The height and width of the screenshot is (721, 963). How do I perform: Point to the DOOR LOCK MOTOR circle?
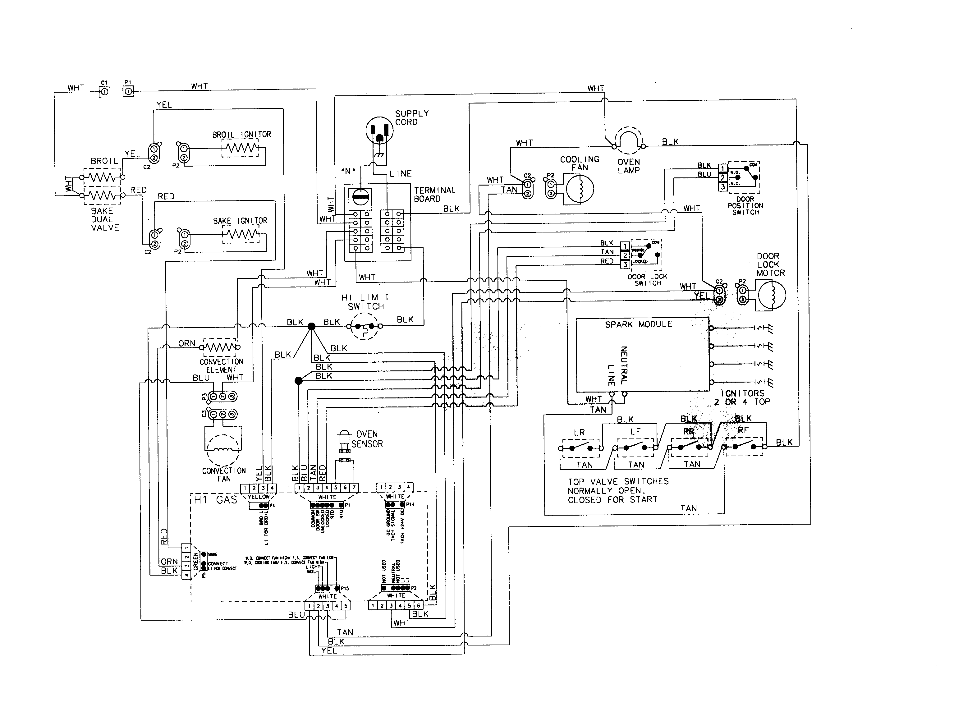tap(772, 296)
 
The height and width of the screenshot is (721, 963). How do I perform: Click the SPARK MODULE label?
tap(638, 324)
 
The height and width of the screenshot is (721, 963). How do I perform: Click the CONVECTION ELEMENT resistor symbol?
tap(220, 347)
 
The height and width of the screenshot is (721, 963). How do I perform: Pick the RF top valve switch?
tap(744, 447)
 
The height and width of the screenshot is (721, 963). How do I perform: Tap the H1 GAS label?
tap(215, 500)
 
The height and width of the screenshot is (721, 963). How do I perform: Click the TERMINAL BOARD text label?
tap(434, 195)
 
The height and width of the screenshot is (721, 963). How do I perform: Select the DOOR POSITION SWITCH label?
tap(745, 205)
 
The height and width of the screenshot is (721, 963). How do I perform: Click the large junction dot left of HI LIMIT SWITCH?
tap(311, 326)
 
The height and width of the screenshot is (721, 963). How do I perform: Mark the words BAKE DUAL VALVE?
tap(104, 219)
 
